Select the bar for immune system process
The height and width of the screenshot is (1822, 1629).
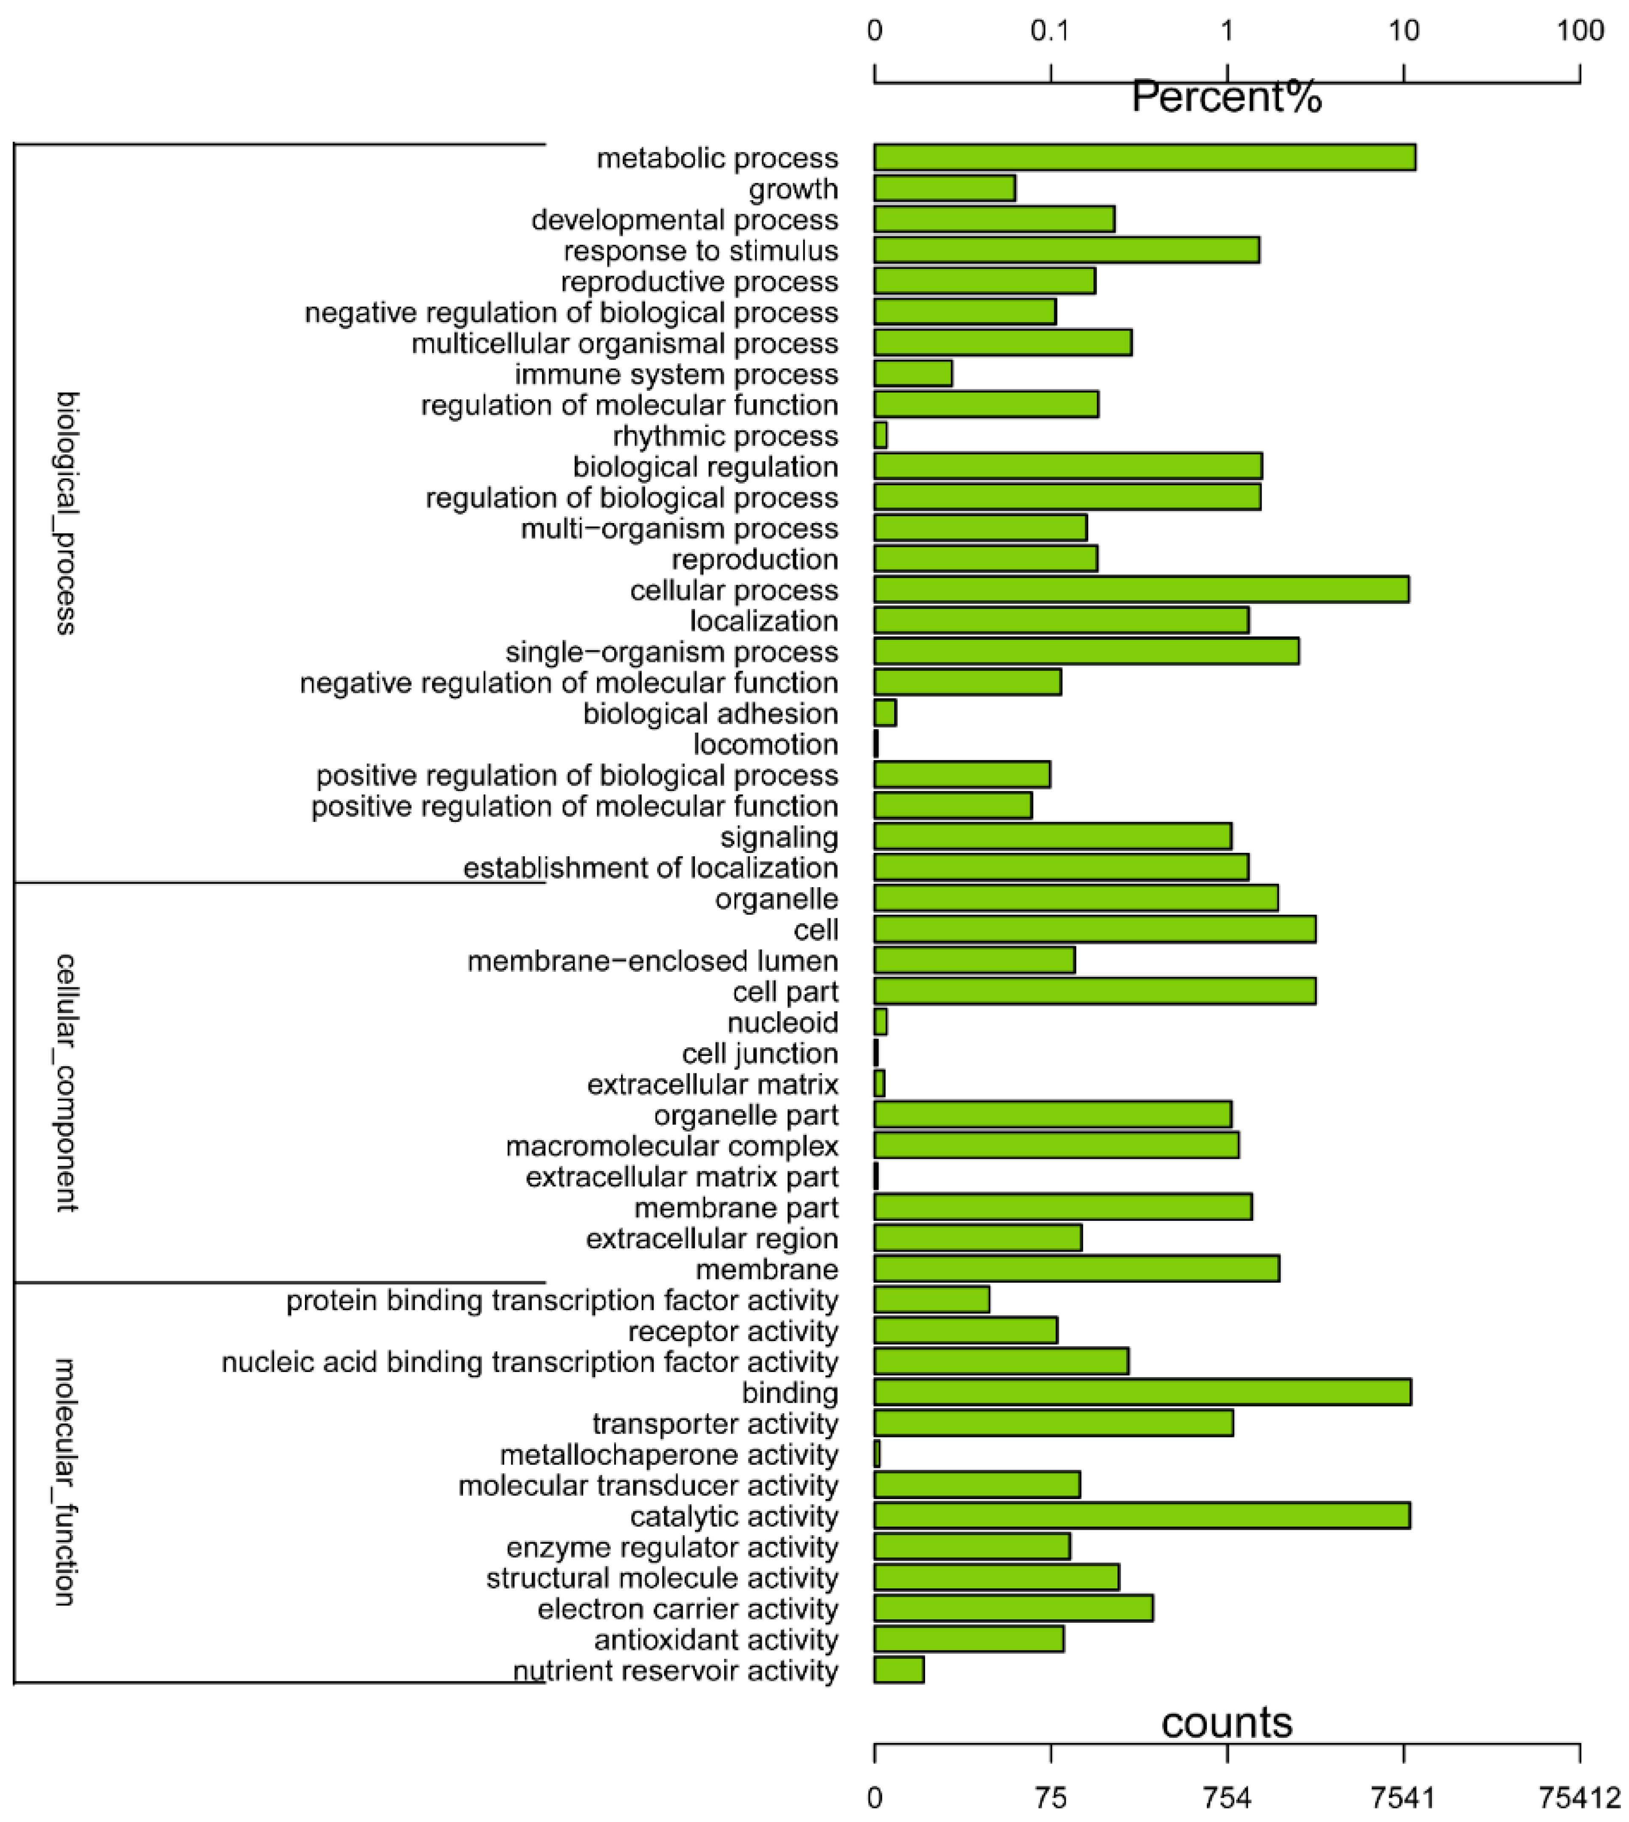click(913, 373)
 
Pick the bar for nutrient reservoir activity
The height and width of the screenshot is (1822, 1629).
click(899, 1670)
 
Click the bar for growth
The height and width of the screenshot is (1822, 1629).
click(944, 188)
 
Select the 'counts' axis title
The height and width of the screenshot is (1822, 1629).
click(1226, 1722)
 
